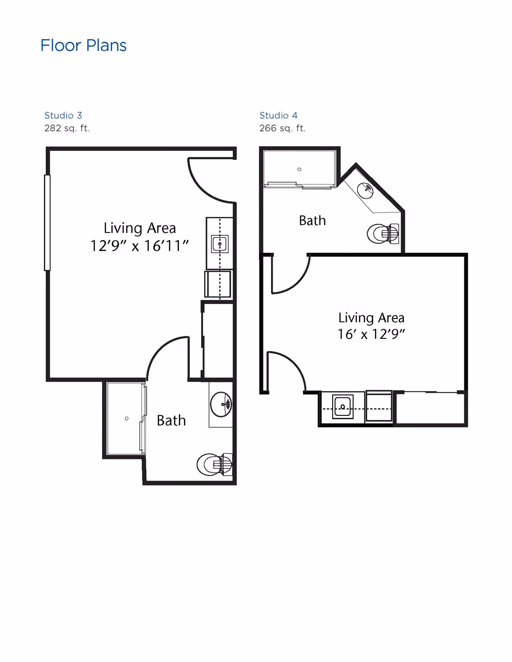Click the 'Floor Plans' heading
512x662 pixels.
(83, 45)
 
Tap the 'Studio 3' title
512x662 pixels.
(63, 115)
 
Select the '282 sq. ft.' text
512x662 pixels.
(67, 128)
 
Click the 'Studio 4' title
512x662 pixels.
(278, 115)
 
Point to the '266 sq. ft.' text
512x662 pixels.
(282, 128)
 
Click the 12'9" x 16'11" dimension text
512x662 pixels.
(140, 246)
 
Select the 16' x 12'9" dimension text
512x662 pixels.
(371, 334)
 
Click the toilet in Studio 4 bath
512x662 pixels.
(383, 234)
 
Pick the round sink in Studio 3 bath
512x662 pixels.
(221, 404)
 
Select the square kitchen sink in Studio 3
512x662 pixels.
(220, 244)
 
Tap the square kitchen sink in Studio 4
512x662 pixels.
(342, 407)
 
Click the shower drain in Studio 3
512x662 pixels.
(127, 418)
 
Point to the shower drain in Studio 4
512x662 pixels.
(299, 169)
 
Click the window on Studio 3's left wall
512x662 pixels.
(47, 222)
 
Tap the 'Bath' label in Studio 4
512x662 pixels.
(312, 221)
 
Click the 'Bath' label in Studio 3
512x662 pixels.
(171, 421)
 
